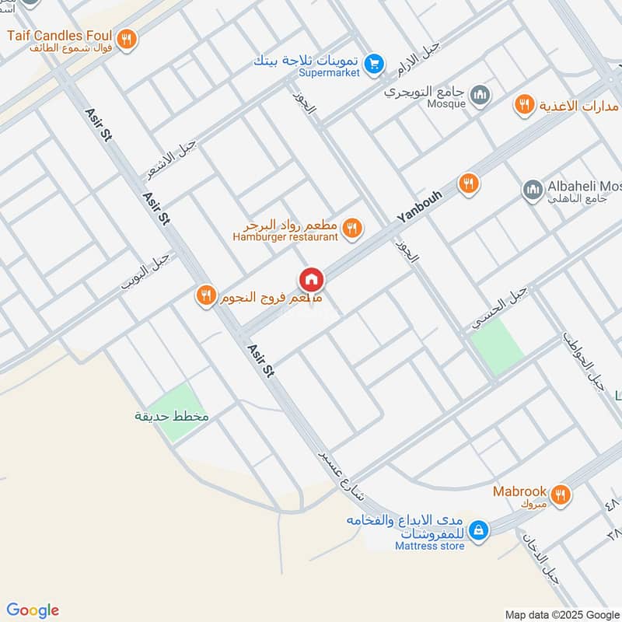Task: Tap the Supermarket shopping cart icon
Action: coord(375,62)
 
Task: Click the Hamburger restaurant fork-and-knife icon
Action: coord(351,228)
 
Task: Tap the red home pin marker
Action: coord(311,279)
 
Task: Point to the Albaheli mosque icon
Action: coord(533,189)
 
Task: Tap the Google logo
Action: coord(33,610)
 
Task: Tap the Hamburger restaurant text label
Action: coord(285,236)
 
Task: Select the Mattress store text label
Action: coord(429,546)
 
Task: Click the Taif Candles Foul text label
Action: coord(59,35)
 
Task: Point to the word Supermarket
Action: coord(330,73)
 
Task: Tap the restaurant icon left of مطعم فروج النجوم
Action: coord(205,295)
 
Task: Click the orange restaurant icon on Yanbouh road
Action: coord(467,183)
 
